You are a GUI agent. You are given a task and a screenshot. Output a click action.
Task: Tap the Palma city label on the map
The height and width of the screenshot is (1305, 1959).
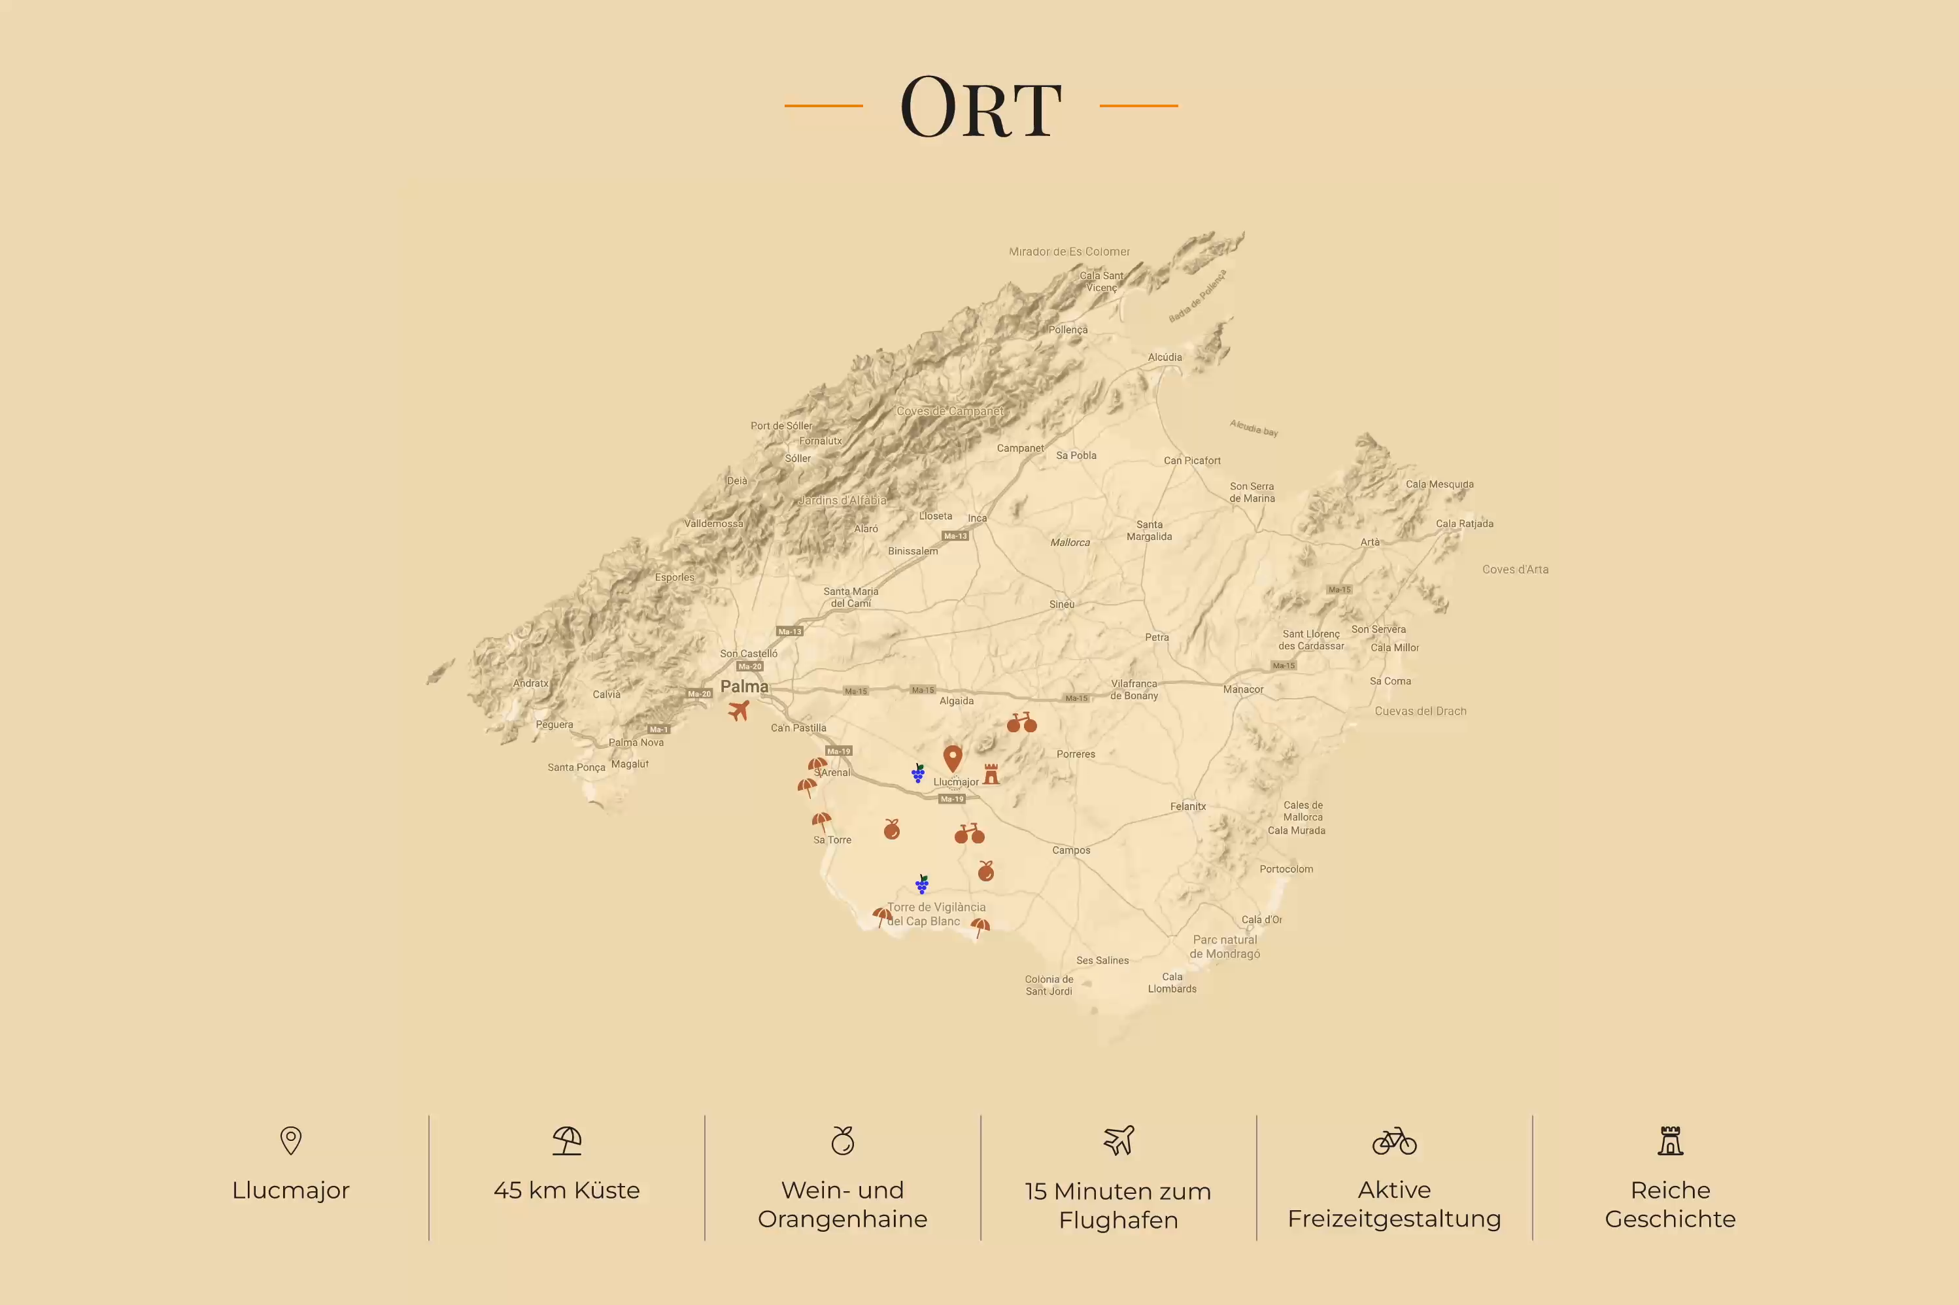744,686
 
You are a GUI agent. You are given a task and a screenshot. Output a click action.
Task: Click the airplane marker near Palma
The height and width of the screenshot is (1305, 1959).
739,711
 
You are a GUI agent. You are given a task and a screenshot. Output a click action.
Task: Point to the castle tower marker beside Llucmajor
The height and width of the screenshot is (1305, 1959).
991,774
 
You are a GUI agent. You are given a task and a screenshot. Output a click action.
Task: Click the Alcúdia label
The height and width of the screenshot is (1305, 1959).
1165,357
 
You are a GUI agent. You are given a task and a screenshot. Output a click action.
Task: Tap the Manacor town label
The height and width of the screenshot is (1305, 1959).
1242,689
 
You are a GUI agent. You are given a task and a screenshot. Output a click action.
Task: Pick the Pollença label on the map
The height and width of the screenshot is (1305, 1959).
1068,330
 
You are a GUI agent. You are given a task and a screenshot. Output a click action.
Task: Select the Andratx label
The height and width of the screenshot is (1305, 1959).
530,683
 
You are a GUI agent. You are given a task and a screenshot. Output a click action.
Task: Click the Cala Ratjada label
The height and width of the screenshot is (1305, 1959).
1464,524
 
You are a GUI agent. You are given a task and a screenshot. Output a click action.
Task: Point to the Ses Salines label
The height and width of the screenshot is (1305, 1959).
1102,960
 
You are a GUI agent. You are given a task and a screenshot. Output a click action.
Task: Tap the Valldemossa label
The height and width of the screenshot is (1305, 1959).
713,524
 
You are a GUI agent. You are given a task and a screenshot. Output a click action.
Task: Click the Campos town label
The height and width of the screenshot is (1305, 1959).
1070,850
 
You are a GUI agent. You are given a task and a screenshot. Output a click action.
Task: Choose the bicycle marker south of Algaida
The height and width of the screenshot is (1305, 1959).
1021,722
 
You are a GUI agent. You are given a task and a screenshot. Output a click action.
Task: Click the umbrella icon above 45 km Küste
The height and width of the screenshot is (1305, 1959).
567,1140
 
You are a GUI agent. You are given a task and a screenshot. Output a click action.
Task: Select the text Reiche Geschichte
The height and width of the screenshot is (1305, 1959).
1669,1204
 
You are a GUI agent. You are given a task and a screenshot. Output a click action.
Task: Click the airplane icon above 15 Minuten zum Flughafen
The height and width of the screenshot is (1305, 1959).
1119,1140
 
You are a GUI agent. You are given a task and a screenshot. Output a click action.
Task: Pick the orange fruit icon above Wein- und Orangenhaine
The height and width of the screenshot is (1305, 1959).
842,1140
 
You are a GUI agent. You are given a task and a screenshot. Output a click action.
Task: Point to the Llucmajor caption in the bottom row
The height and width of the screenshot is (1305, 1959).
290,1190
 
